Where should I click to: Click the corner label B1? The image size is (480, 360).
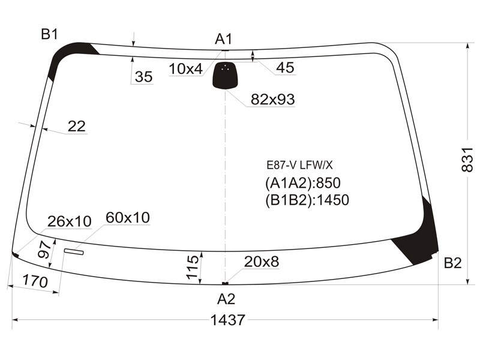click(x=49, y=34)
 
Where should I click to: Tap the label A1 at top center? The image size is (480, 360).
click(x=223, y=39)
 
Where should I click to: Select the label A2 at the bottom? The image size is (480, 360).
click(x=226, y=299)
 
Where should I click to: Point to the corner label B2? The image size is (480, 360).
click(x=452, y=263)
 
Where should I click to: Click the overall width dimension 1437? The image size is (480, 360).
click(x=228, y=320)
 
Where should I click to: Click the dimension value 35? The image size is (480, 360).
click(x=143, y=77)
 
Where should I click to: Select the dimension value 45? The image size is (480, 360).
click(x=285, y=67)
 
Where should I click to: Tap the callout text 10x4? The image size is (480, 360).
click(x=186, y=69)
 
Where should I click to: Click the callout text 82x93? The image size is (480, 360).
click(x=273, y=99)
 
